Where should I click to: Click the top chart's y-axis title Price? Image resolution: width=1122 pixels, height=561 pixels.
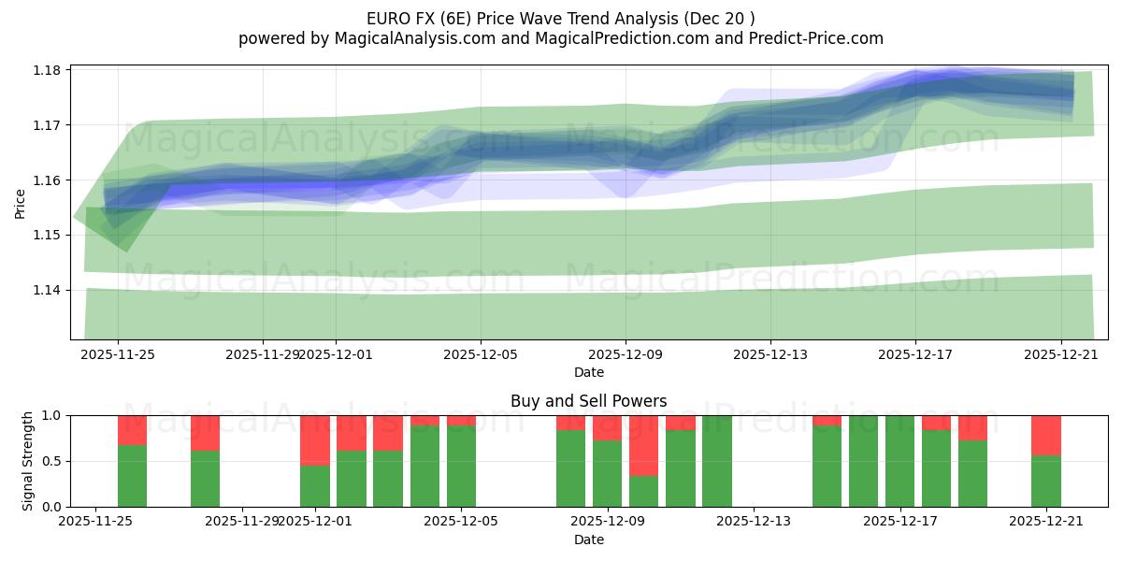tap(21, 202)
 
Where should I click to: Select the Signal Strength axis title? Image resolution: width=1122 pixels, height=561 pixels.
tap(28, 460)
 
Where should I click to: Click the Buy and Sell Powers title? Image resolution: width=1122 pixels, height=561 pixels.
tap(588, 401)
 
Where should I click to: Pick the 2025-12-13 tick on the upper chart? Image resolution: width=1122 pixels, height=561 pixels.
tap(770, 354)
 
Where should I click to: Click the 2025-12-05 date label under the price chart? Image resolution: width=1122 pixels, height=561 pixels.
tap(481, 354)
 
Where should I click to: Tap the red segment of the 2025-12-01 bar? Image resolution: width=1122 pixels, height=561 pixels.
tap(315, 439)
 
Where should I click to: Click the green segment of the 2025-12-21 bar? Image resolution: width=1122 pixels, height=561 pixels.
tap(1045, 482)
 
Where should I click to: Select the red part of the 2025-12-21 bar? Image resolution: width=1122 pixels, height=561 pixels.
tap(1045, 435)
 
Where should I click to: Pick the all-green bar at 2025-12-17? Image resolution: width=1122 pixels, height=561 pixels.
tap(899, 461)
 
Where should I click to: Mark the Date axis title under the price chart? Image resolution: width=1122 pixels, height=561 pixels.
tap(588, 372)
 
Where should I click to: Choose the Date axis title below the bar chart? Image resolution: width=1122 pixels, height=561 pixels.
tap(588, 539)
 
